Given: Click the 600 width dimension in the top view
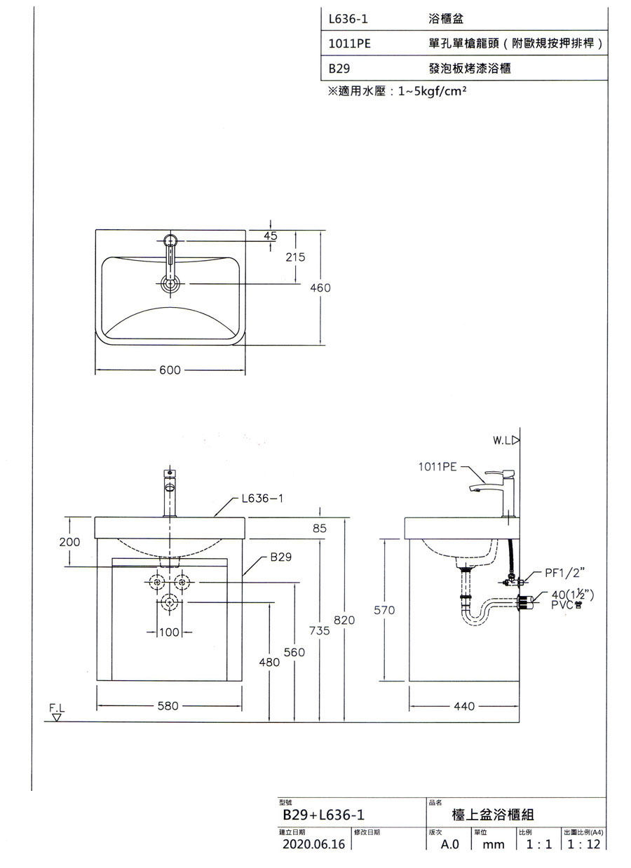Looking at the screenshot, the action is tap(170, 370).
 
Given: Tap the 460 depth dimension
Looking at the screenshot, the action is tap(320, 287).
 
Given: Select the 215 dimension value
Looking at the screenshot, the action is tap(295, 257).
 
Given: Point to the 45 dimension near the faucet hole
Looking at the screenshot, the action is tap(271, 236).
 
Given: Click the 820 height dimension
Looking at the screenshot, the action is tap(344, 620).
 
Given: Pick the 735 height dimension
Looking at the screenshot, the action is tap(320, 630).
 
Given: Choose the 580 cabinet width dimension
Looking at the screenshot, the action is tap(168, 705).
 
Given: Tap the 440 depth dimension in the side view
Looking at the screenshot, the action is tap(464, 706).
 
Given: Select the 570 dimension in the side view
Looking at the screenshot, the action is tap(384, 610).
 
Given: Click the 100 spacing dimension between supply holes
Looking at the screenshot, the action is tap(169, 632).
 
